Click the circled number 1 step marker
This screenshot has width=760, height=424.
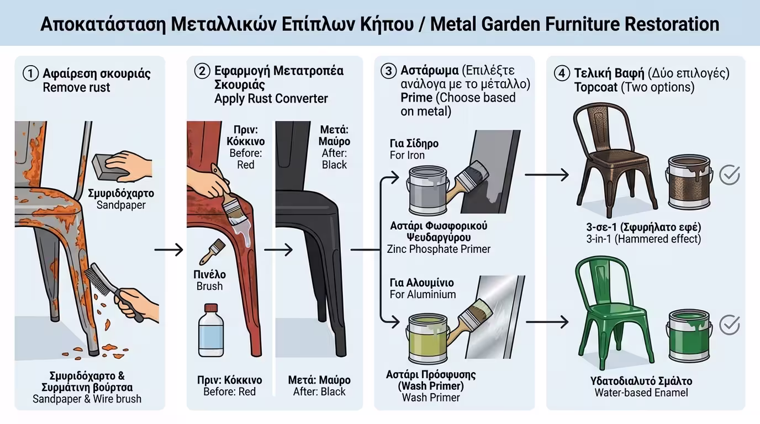tap(31, 73)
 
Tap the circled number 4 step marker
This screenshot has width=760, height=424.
tap(562, 73)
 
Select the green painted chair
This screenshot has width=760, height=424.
tap(613, 309)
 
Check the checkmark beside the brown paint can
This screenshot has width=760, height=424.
tap(730, 175)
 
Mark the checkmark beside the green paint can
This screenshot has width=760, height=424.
tap(730, 325)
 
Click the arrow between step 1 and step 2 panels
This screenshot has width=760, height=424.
tap(169, 250)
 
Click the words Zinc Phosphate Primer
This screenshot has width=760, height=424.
tap(439, 249)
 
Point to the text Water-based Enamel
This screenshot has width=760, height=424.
tap(641, 393)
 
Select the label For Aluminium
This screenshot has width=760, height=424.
tap(423, 294)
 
